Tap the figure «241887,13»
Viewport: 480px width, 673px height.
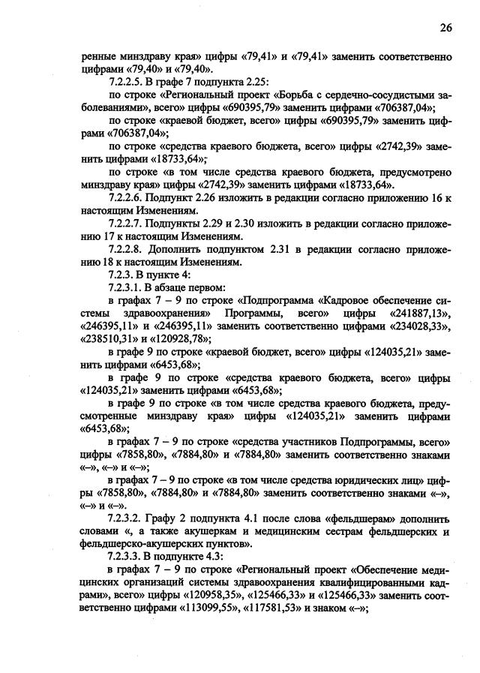[421, 314]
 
